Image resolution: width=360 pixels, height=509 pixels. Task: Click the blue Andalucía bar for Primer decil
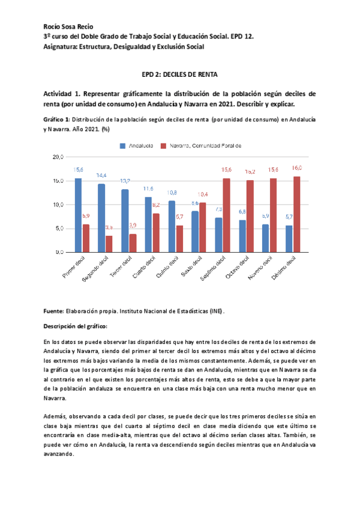tap(78, 215)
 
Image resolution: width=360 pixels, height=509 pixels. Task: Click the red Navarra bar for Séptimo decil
tap(226, 215)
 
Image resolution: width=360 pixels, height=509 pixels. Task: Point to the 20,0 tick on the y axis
tap(58, 157)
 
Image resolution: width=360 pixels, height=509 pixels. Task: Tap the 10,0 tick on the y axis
tap(58, 205)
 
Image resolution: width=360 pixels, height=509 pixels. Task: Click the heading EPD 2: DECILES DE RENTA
tap(179, 75)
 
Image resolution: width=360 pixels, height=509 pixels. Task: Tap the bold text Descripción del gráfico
tap(76, 326)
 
